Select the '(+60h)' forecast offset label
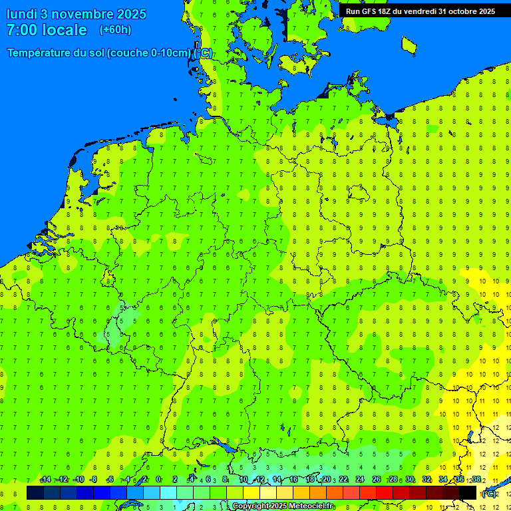pyautogui.click(x=115, y=30)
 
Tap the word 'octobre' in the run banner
pyautogui.click(x=460, y=11)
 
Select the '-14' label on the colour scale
pyautogui.click(x=45, y=480)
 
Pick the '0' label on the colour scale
pyautogui.click(x=158, y=480)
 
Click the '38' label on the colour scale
pyautogui.click(x=476, y=480)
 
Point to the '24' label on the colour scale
pyautogui.click(x=360, y=480)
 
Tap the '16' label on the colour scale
pyautogui.click(x=293, y=480)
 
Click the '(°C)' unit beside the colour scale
pyautogui.click(x=488, y=494)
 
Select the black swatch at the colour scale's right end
pyautogui.click(x=468, y=493)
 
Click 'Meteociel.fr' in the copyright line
pyautogui.click(x=310, y=506)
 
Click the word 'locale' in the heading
pyautogui.click(x=65, y=30)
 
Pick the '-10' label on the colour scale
pyautogui.click(x=79, y=480)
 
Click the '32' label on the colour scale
pyautogui.click(x=426, y=480)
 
